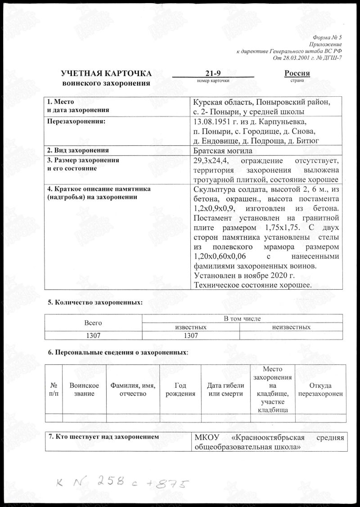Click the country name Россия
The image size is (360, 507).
[297, 74]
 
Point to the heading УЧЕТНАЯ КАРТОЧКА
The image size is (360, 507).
[106, 75]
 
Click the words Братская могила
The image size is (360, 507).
[222, 151]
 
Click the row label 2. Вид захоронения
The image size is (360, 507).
[79, 150]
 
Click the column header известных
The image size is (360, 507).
[190, 327]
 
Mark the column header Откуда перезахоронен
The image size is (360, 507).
[321, 390]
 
